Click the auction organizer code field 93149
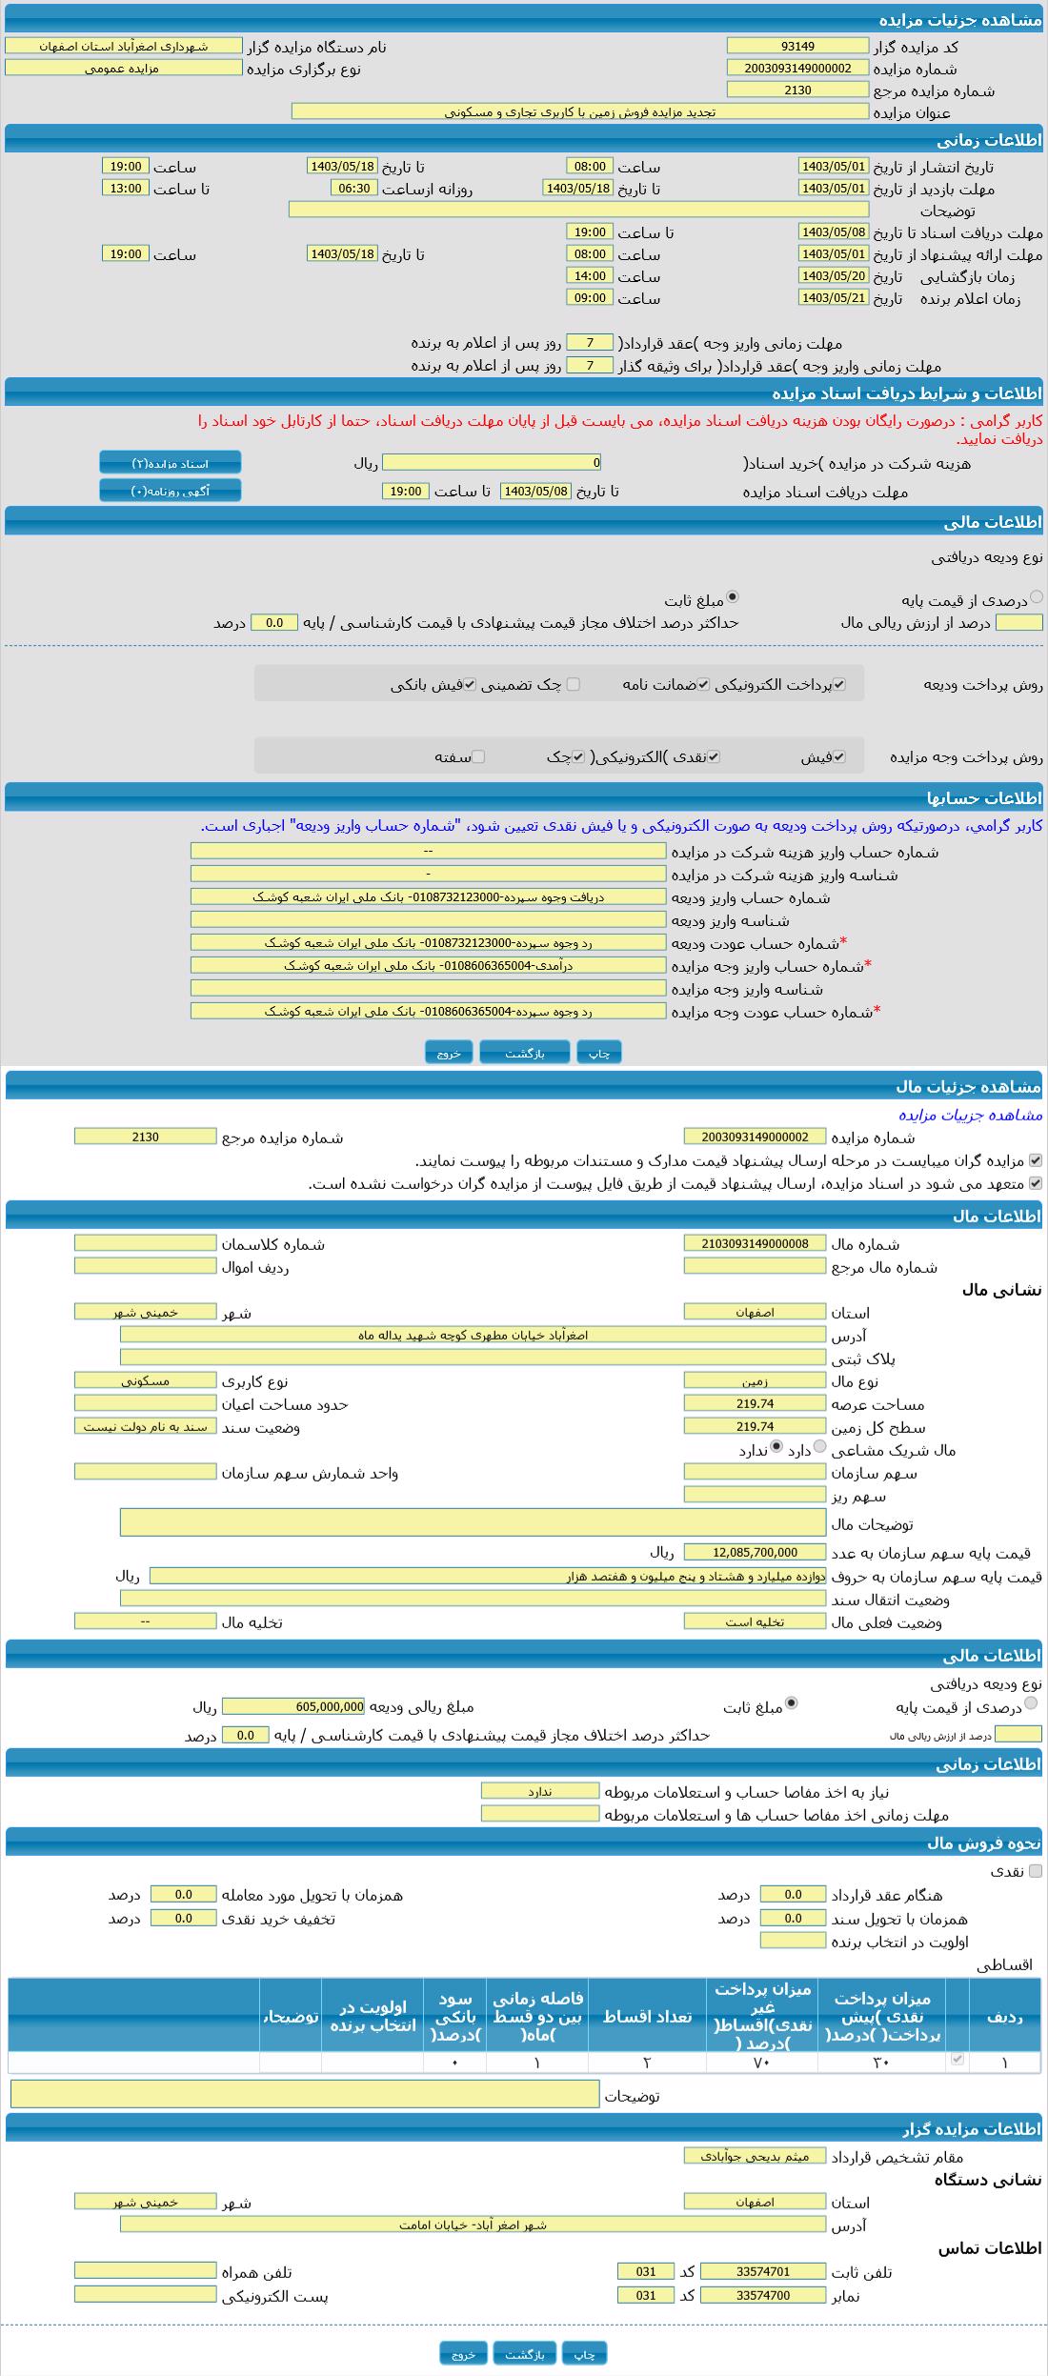coord(797,46)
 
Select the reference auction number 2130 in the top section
coord(797,90)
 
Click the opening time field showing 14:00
coord(590,275)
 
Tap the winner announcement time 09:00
coord(590,297)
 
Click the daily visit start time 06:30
coord(353,188)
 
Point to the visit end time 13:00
coord(125,188)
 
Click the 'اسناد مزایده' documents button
coord(171,463)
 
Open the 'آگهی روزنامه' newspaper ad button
coord(171,491)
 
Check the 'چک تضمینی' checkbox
coord(573,684)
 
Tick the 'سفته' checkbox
coord(478,756)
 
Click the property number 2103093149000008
coord(755,1243)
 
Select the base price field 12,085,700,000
coord(755,1552)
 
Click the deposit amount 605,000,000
coord(293,1706)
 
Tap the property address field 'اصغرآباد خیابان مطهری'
coord(473,1335)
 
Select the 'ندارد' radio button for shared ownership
coord(776,1446)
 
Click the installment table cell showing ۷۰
coord(761,2063)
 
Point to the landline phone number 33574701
coord(763,2271)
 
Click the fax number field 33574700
coord(763,2295)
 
